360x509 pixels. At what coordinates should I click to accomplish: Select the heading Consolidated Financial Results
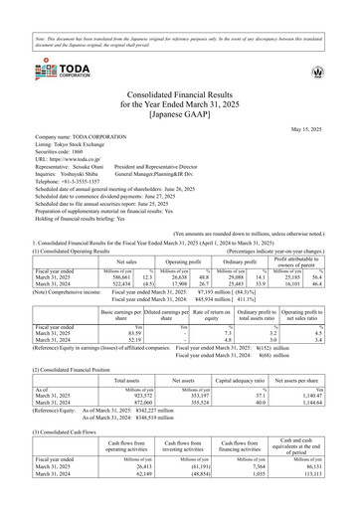tap(179, 92)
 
